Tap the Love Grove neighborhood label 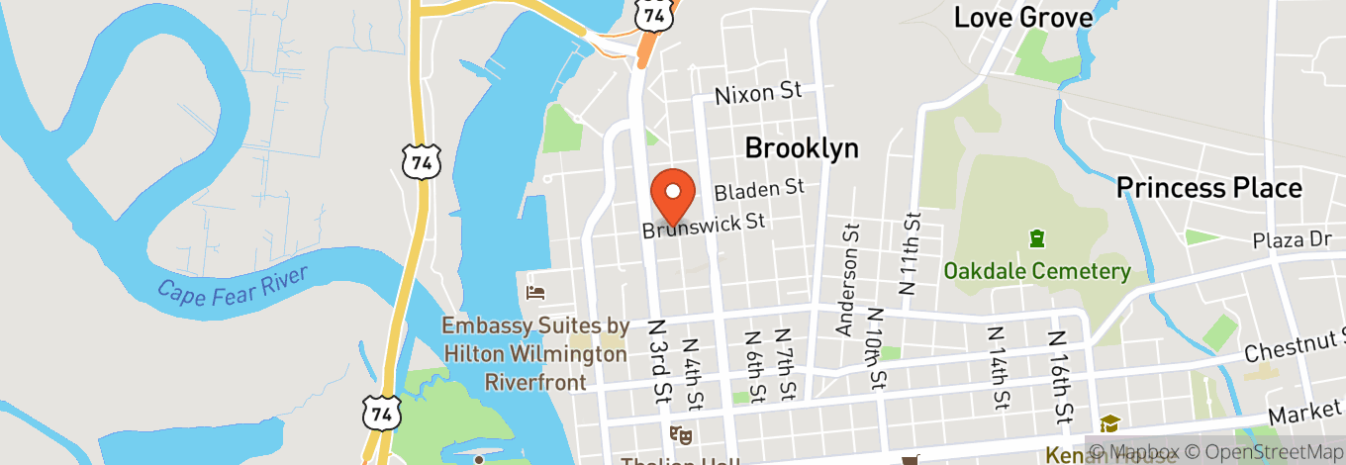pyautogui.click(x=1022, y=17)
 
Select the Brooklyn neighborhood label pyautogui.click(x=801, y=148)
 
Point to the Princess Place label pyautogui.click(x=1208, y=187)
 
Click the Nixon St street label pyautogui.click(x=757, y=93)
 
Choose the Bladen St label pyautogui.click(x=759, y=188)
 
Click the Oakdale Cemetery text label pyautogui.click(x=1036, y=271)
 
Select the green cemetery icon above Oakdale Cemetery pyautogui.click(x=1036, y=238)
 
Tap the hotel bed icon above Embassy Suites pyautogui.click(x=535, y=292)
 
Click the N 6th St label pyautogui.click(x=753, y=366)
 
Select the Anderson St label pyautogui.click(x=847, y=280)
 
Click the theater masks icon pyautogui.click(x=680, y=433)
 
